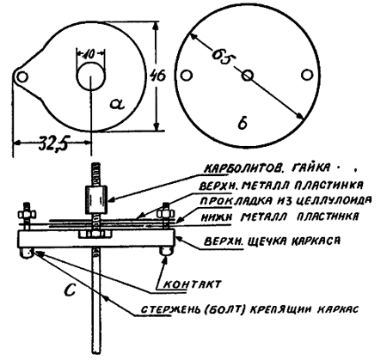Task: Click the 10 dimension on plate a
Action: [x=90, y=54]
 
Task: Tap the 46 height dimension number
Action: [x=158, y=76]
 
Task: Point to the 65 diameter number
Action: [x=222, y=57]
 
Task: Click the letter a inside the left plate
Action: [x=117, y=104]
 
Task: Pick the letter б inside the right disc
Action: [x=243, y=124]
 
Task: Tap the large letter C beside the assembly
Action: [x=70, y=289]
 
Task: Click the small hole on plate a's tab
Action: [x=21, y=76]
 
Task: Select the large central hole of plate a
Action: [x=90, y=76]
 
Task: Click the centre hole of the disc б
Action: [x=248, y=76]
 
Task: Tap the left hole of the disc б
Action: [x=187, y=76]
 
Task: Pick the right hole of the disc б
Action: [x=307, y=75]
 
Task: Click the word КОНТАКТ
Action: [x=193, y=284]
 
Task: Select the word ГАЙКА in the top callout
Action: [x=310, y=168]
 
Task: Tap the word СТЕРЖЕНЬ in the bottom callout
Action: [x=169, y=309]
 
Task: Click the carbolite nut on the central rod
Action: [x=96, y=199]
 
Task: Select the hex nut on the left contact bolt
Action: [x=27, y=214]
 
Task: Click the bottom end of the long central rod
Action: [x=97, y=353]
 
